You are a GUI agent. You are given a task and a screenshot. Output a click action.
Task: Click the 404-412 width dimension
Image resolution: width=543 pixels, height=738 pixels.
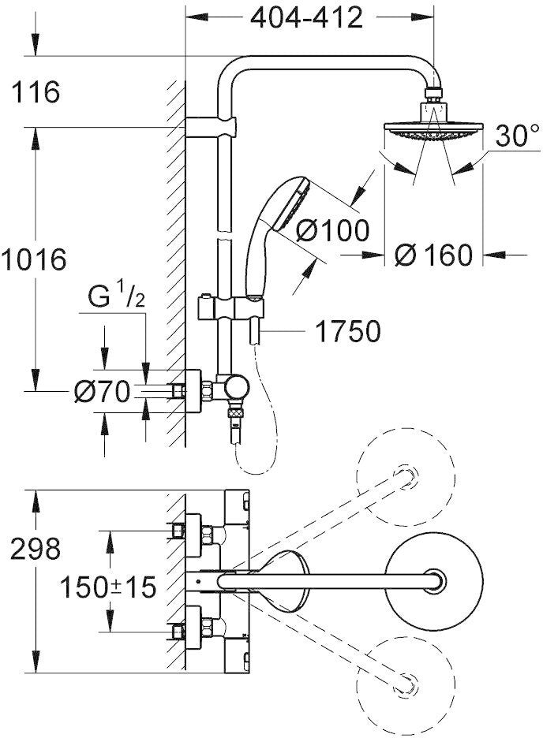306,17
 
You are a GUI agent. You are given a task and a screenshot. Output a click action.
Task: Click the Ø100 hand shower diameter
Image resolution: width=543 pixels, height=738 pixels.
333,231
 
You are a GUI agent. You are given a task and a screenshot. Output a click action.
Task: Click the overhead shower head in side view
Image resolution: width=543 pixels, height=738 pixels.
431,128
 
